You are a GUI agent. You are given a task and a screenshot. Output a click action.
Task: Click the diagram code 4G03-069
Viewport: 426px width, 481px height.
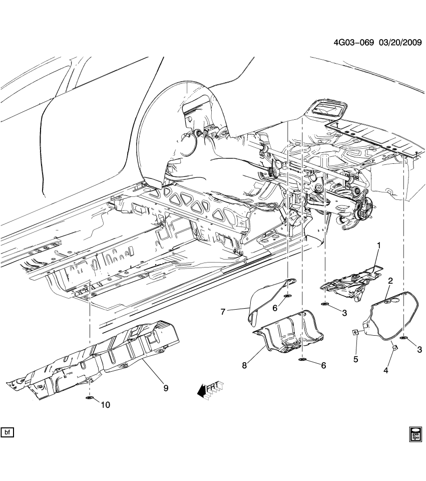point(354,43)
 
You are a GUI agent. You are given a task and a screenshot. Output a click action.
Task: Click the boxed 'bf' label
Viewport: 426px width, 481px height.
point(8,431)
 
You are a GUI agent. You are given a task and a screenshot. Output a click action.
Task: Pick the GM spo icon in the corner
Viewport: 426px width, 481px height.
point(415,433)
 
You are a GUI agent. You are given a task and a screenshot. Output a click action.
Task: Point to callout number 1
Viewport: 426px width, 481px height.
point(379,245)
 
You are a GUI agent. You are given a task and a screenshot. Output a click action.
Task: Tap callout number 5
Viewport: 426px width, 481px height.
point(356,359)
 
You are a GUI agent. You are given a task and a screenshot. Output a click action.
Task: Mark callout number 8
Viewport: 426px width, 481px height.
point(244,366)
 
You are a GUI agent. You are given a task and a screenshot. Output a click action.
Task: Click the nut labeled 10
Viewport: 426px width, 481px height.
point(90,398)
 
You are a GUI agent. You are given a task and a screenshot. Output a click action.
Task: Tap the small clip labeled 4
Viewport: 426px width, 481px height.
point(394,348)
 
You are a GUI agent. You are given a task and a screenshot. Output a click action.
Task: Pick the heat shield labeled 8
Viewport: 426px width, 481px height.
point(290,333)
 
